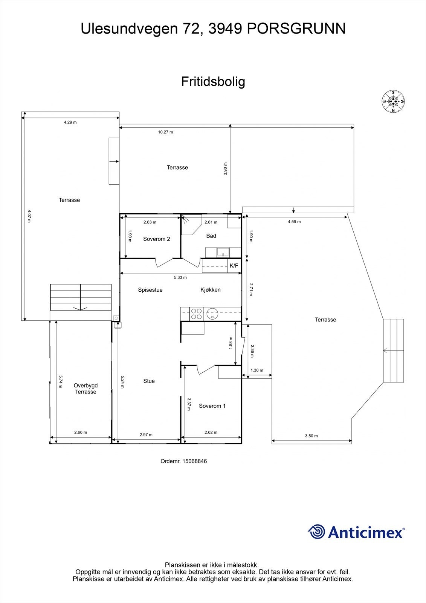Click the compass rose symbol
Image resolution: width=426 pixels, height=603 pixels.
393,101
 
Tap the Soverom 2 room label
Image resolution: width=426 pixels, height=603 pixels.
156,239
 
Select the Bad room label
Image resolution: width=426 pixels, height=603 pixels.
211,236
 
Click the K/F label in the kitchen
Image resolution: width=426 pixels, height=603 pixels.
234,266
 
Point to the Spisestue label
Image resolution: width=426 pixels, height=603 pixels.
150,290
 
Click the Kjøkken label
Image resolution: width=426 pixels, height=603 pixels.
210,290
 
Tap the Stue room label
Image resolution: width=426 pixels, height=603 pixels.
149,381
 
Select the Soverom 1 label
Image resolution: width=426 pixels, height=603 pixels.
212,406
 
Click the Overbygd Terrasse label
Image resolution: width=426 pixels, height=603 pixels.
86,389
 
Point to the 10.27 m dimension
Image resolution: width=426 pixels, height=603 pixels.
165,132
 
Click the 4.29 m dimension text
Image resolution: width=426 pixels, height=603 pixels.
70,122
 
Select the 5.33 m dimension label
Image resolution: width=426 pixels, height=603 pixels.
180,278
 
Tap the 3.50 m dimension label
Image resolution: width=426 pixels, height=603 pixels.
311,436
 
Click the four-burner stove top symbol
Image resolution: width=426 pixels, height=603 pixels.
196,314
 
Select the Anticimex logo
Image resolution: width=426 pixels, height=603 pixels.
356,532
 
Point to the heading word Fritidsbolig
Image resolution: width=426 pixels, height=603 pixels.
213,81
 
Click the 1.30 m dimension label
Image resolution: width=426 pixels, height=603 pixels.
257,370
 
